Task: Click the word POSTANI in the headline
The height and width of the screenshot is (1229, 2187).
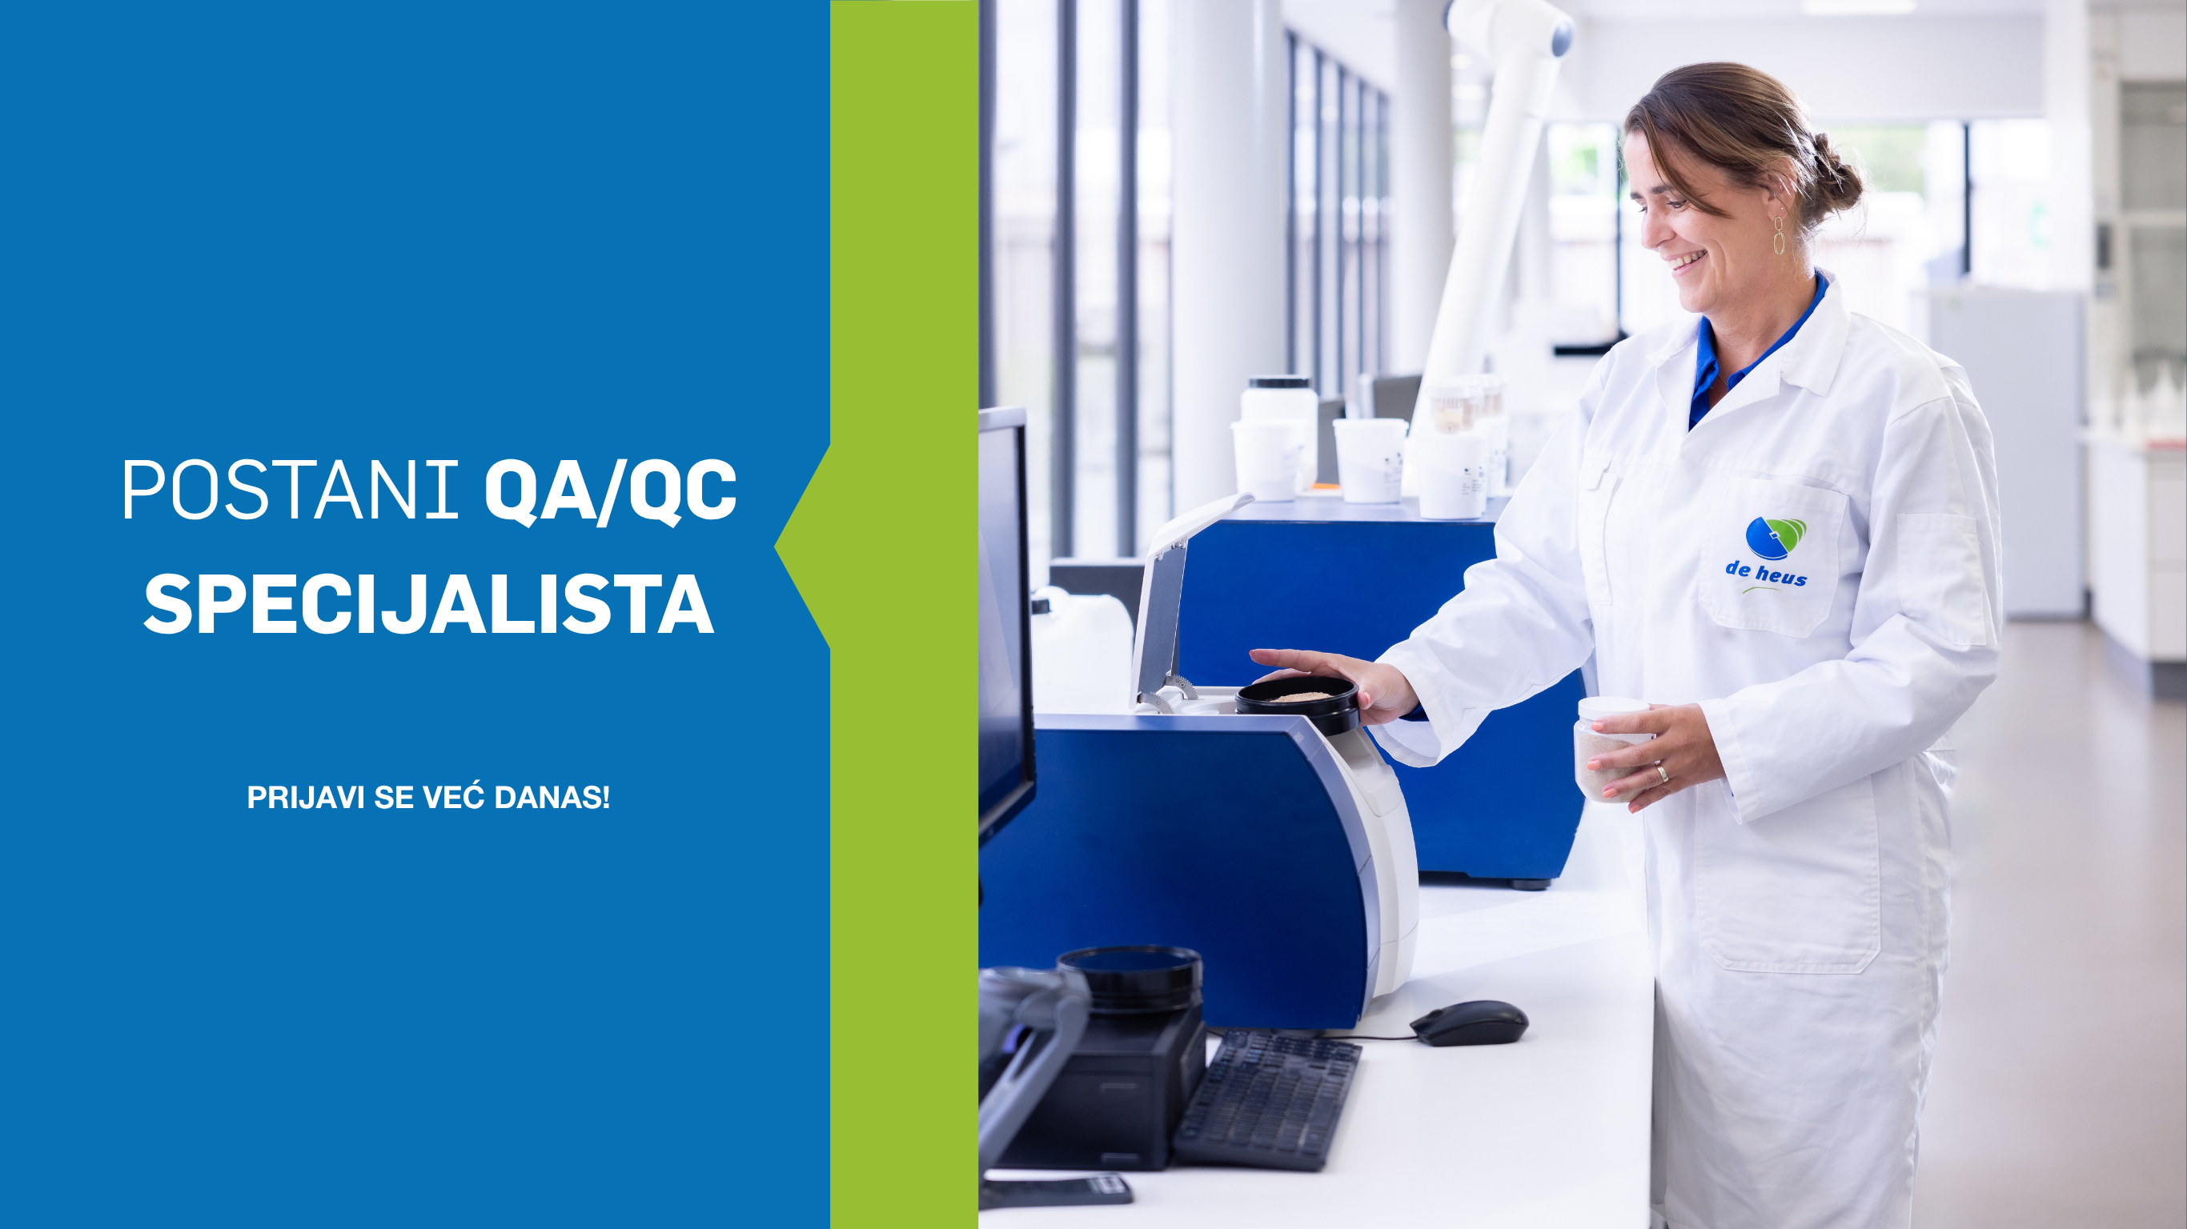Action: (x=291, y=490)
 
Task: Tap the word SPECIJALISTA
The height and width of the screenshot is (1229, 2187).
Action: (x=429, y=603)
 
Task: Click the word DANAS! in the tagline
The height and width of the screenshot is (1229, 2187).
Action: (x=552, y=798)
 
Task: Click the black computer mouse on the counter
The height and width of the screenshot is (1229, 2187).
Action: (x=1469, y=1023)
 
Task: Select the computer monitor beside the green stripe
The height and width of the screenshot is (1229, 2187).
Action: (x=1005, y=624)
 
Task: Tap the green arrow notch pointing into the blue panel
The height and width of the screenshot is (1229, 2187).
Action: (x=803, y=547)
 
